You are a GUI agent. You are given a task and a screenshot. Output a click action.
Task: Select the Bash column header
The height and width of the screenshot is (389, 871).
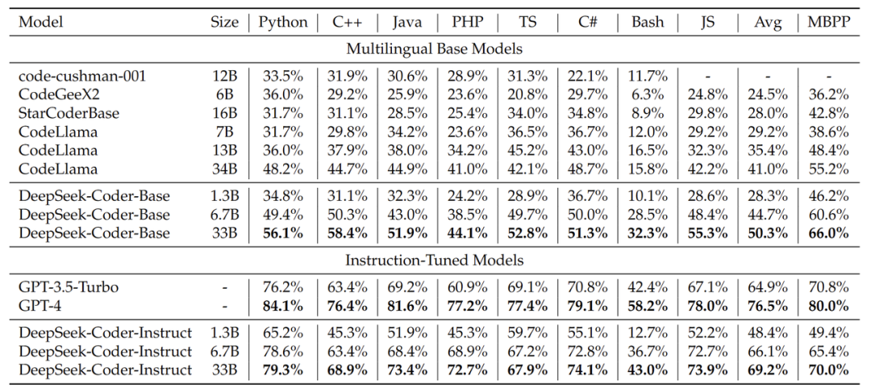point(648,23)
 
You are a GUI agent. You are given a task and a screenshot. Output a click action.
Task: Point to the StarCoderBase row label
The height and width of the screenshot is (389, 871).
point(69,113)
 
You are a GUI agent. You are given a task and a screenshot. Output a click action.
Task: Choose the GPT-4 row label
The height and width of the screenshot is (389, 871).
point(38,305)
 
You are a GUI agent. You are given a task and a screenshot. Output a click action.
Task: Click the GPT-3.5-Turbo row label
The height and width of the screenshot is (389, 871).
point(65,287)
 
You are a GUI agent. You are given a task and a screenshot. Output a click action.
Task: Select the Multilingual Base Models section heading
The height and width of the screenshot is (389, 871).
point(435,48)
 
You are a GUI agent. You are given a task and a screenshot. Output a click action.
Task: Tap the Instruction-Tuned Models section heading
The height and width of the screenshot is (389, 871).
point(435,260)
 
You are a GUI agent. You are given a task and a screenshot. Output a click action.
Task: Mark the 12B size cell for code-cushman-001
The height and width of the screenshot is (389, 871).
point(225,76)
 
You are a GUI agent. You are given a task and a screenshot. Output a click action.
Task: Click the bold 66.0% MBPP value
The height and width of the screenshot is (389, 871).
point(828,233)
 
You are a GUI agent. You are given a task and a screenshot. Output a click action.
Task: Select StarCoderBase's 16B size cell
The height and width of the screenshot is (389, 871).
point(225,113)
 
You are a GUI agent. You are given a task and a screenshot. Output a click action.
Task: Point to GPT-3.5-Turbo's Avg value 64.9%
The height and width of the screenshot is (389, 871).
point(768,287)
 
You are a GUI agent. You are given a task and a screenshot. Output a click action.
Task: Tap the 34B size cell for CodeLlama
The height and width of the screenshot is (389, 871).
point(225,169)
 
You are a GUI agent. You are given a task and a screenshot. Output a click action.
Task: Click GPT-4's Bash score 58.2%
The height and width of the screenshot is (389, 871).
point(648,305)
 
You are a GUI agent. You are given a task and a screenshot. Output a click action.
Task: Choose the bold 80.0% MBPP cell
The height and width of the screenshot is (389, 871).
point(828,305)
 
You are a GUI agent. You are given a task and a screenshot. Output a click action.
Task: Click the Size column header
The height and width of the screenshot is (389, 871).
point(224,23)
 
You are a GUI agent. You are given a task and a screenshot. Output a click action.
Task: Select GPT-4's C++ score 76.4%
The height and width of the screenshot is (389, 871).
point(347,305)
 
